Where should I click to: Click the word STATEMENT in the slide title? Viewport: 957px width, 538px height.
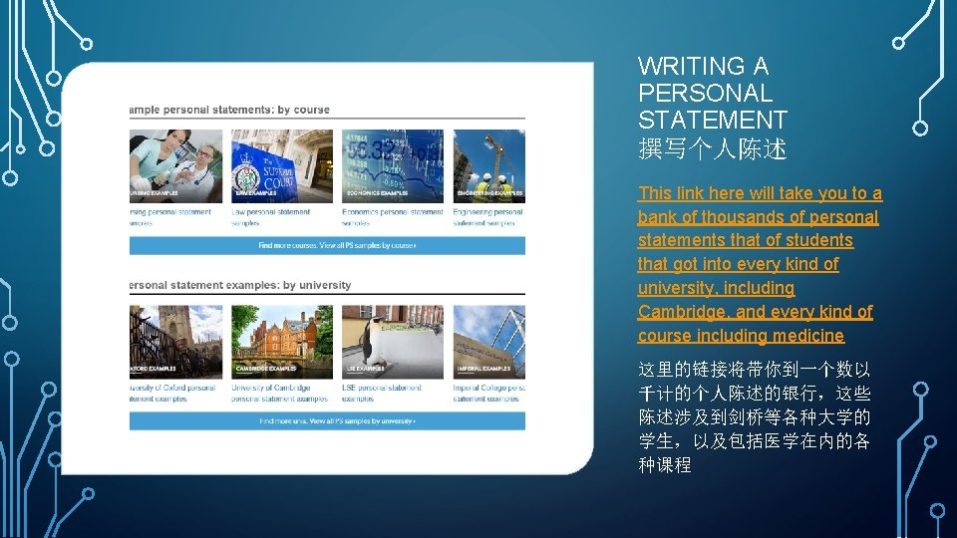[x=712, y=121]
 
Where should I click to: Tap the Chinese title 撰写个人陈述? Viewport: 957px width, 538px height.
[x=712, y=149]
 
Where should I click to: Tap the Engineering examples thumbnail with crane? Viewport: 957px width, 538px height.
[x=488, y=165]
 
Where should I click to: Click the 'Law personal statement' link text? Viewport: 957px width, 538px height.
[x=271, y=212]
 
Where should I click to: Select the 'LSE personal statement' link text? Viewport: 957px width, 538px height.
[x=382, y=388]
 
